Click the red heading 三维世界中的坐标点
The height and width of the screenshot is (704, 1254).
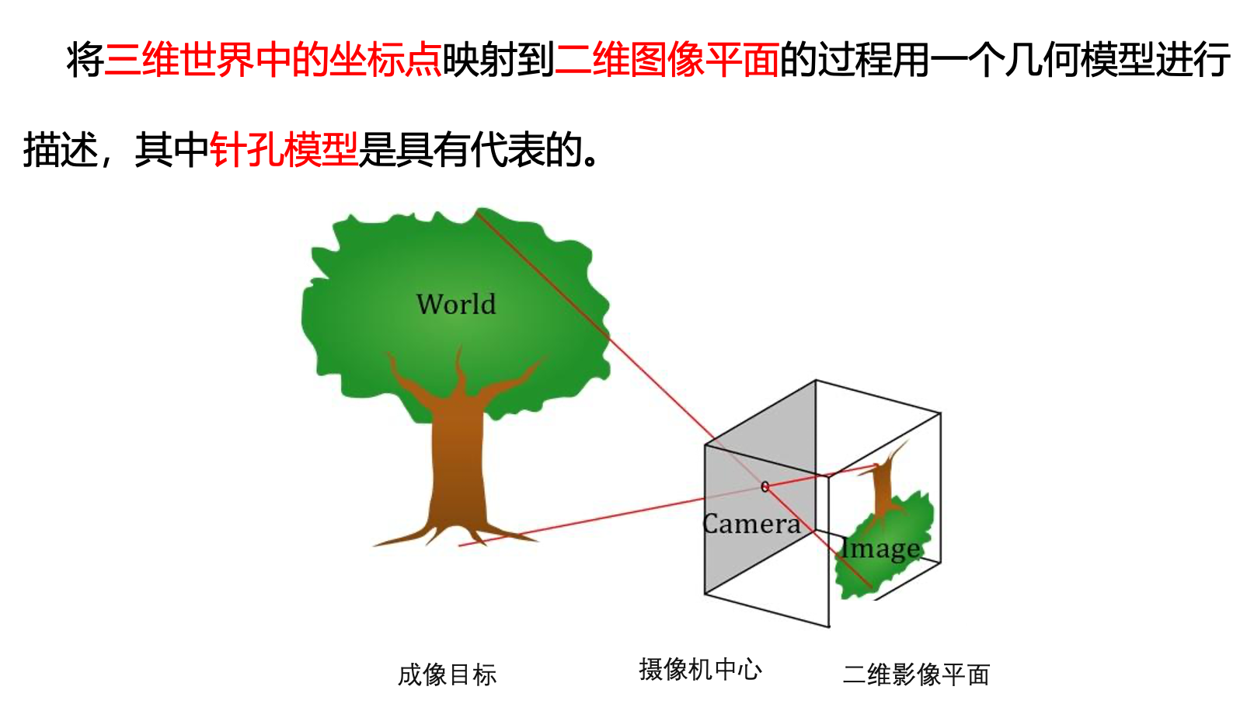coord(273,60)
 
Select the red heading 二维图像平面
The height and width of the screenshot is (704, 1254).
coord(667,60)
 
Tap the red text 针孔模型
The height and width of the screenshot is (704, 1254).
coord(284,149)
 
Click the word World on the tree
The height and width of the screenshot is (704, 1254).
coord(456,304)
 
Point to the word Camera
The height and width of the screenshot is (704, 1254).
coord(751,524)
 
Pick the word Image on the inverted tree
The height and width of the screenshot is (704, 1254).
coord(881,549)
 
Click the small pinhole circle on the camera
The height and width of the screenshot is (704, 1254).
coord(765,486)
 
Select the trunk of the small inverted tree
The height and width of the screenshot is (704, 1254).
coord(883,490)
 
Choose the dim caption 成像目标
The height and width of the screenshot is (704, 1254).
coord(447,674)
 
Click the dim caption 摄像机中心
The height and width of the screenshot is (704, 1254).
coord(700,669)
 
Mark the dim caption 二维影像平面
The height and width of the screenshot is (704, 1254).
coord(916,674)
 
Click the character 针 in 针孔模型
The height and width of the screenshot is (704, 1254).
coord(228,149)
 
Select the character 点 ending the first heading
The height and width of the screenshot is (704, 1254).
coord(423,60)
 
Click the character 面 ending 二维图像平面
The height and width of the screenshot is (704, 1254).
coord(761,60)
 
